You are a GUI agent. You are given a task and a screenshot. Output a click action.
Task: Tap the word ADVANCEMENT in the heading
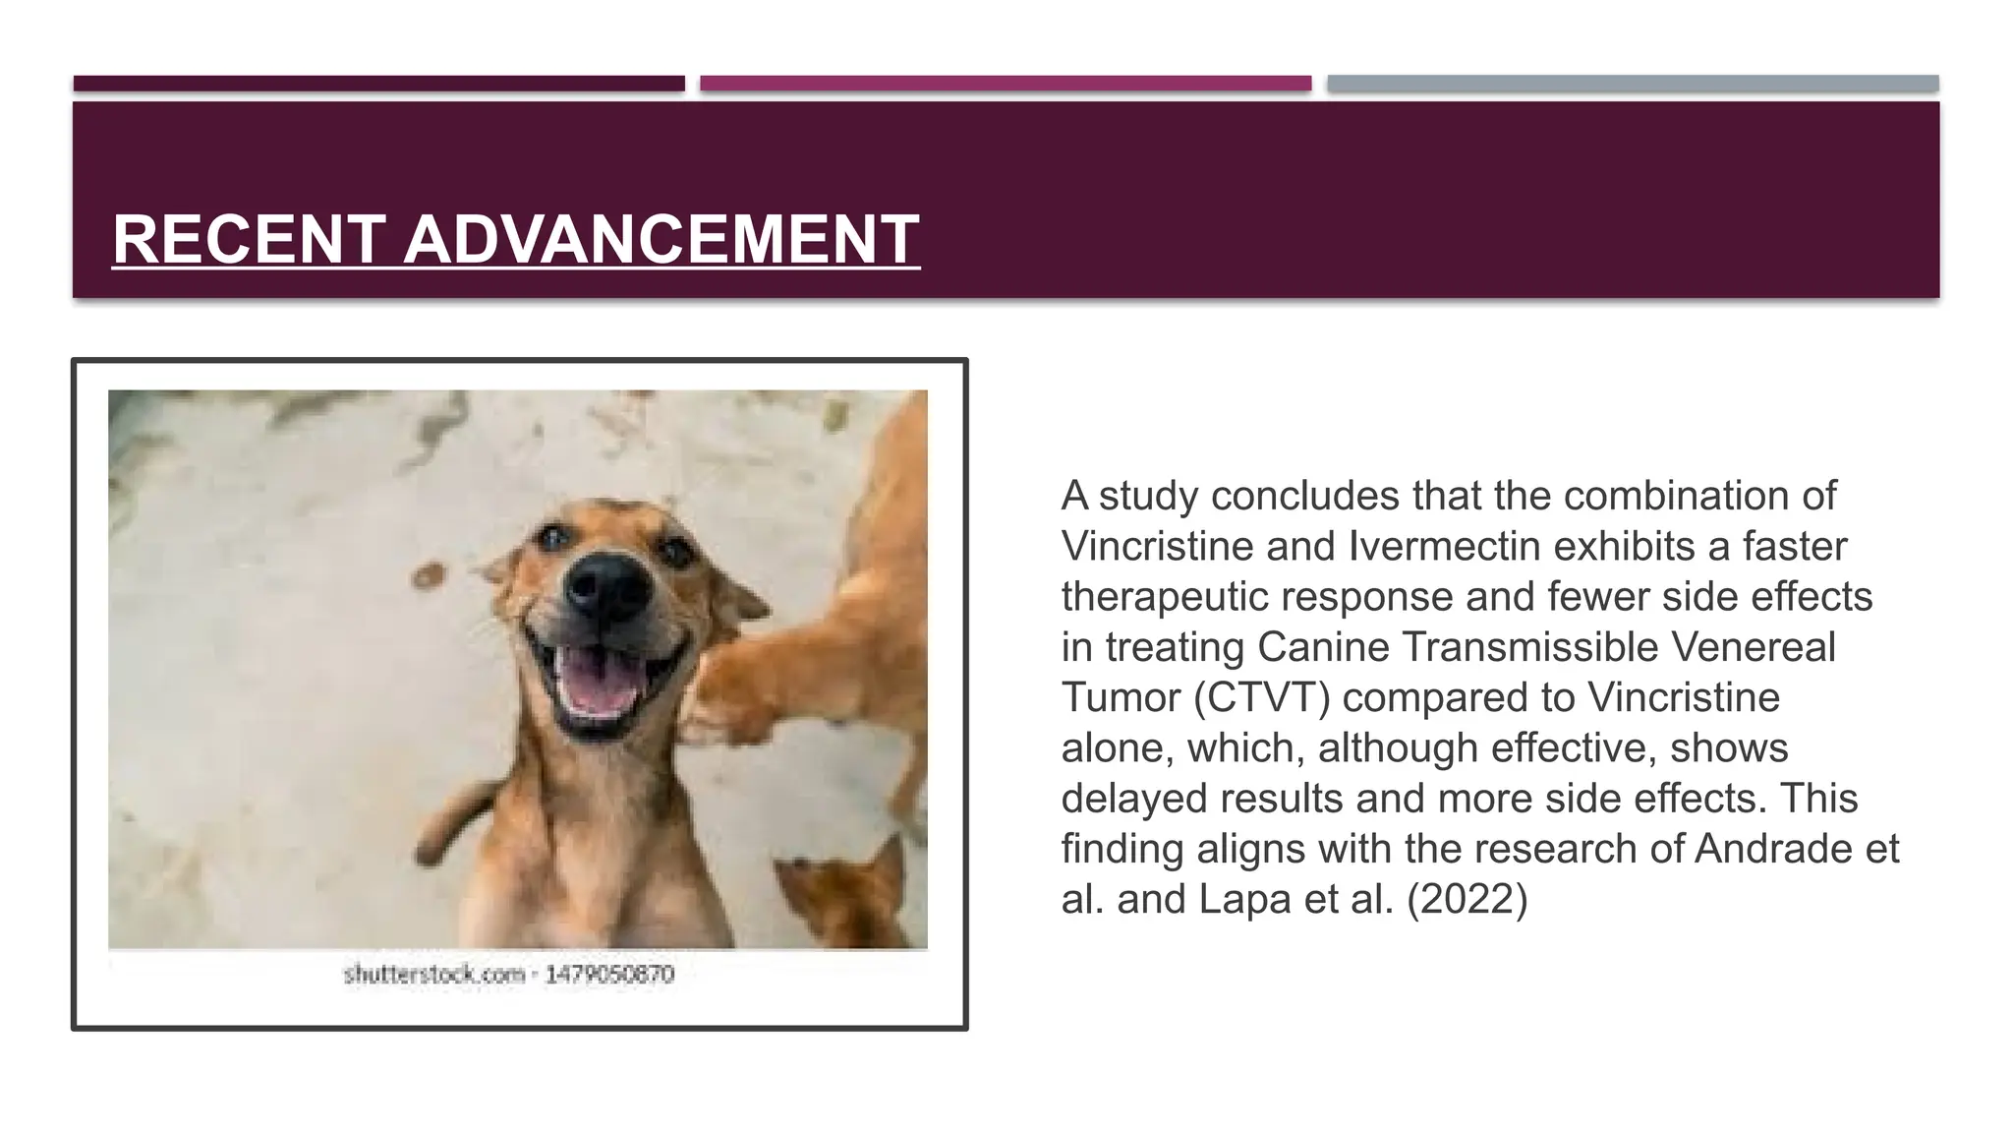point(661,239)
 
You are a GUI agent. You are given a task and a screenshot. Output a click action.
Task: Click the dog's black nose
point(607,587)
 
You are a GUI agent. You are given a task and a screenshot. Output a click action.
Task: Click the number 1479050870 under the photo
point(609,975)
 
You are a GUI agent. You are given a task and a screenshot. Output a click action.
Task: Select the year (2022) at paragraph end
point(1467,900)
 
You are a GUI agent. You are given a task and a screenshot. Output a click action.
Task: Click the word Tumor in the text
point(1121,698)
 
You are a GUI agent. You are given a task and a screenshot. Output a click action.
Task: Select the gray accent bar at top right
point(1633,84)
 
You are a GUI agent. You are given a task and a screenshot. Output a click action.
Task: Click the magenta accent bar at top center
point(1006,84)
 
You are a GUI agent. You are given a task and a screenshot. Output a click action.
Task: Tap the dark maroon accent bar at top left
point(378,84)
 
